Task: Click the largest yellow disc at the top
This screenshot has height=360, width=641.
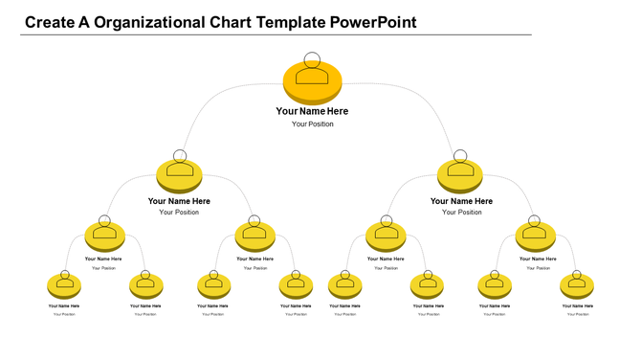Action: click(313, 80)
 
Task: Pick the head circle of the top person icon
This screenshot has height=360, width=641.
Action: click(313, 58)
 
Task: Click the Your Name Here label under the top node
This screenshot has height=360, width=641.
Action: click(313, 111)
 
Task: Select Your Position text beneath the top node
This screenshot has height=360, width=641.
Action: click(313, 124)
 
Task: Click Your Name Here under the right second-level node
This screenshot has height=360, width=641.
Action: click(461, 201)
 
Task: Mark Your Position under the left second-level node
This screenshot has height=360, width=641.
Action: click(180, 213)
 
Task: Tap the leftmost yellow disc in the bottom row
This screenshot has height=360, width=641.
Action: click(64, 285)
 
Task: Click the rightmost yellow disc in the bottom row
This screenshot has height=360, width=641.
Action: click(577, 285)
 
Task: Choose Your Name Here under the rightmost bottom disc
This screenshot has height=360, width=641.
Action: click(577, 305)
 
